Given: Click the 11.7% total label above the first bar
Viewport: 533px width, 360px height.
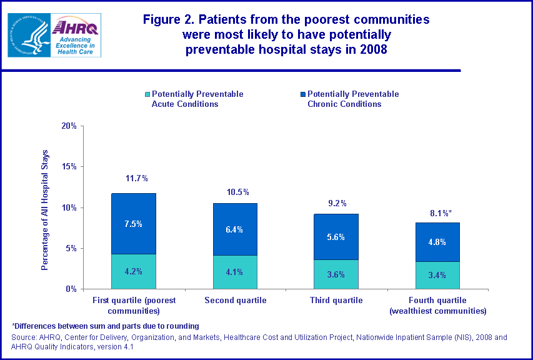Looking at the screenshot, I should (136, 179).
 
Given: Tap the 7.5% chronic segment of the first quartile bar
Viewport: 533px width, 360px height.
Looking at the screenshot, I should (134, 224).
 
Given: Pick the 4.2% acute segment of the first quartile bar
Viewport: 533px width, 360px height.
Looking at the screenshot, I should (134, 271).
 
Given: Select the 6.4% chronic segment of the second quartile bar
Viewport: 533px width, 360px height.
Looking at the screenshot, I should (235, 229).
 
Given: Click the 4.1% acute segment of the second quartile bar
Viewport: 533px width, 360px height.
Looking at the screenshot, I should (235, 272).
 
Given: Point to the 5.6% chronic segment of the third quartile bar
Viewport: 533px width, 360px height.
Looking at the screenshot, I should (336, 237).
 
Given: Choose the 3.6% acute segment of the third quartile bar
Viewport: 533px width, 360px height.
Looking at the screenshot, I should (336, 274).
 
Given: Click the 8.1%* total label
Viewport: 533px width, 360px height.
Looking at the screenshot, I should (439, 213).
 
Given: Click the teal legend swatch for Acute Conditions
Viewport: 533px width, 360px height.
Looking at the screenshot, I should (147, 94).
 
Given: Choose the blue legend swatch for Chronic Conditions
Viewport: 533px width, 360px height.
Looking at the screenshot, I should (303, 94).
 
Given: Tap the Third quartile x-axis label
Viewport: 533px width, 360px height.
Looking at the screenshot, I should (336, 301).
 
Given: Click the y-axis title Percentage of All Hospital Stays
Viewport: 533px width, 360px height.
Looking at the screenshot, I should (45, 210).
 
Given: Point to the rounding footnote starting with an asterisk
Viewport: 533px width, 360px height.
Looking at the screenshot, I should (105, 326).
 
